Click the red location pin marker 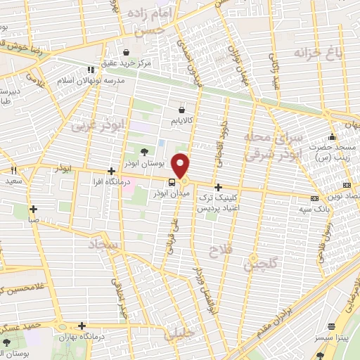point(181,166)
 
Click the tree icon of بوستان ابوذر point(144,151)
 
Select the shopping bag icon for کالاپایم point(182,110)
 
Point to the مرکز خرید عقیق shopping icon point(126,51)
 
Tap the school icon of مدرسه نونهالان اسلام point(90,70)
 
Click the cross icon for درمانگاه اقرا point(111,171)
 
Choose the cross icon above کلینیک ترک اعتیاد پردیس point(219,188)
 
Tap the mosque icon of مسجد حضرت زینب point(333,136)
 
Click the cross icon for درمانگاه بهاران point(83,326)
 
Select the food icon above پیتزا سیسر point(332,326)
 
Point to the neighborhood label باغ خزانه point(311,53)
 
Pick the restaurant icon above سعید point(13,171)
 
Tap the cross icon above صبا point(33,209)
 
